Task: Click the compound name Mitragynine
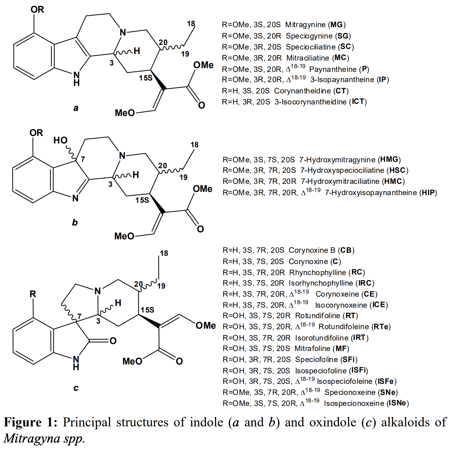[305, 25]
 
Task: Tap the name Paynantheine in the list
[333, 69]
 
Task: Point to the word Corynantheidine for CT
[303, 91]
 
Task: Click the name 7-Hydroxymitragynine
[337, 160]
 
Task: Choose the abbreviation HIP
[428, 193]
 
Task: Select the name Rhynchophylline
[318, 272]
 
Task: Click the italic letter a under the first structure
[76, 108]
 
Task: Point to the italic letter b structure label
[75, 222]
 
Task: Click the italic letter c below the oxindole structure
[76, 388]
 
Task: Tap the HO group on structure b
[60, 140]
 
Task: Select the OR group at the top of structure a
[37, 10]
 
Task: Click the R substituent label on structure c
[33, 294]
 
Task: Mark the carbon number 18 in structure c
[164, 253]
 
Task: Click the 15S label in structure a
[146, 78]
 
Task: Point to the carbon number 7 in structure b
[83, 159]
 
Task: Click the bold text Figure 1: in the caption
[30, 422]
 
